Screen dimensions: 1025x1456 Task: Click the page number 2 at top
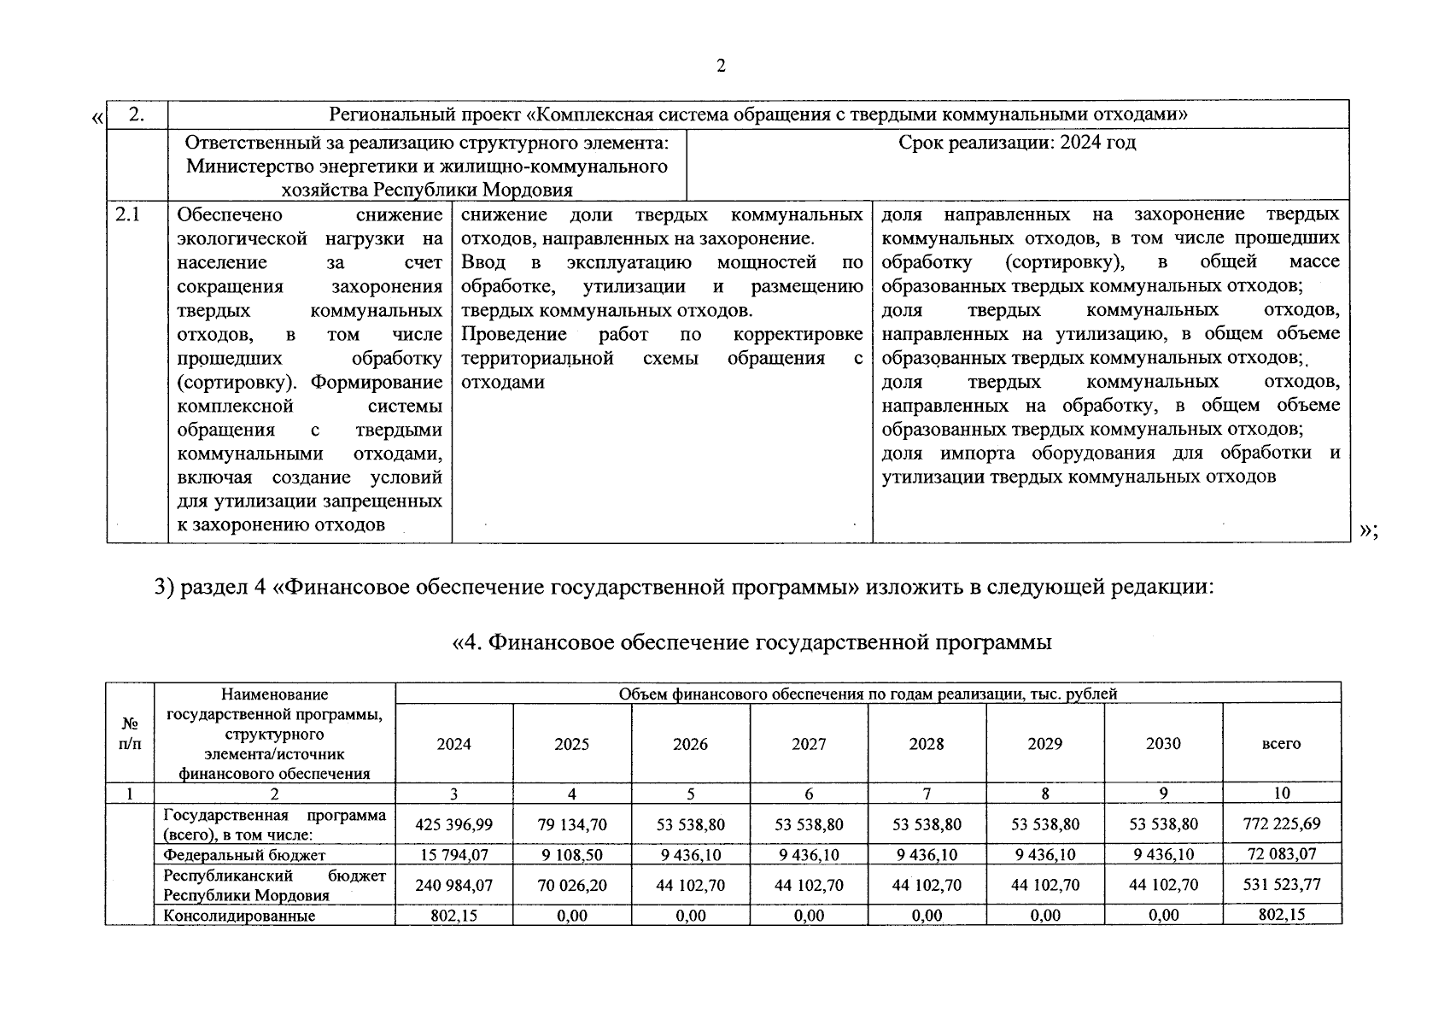click(721, 67)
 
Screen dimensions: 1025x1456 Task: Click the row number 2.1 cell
click(128, 215)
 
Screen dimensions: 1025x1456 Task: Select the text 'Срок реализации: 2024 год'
click(1016, 143)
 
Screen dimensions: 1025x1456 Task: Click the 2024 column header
click(453, 744)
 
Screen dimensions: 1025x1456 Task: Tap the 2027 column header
click(809, 744)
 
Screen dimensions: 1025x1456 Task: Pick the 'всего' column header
click(1281, 744)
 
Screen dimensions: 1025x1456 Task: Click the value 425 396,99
click(453, 824)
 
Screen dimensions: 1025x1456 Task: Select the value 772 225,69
click(1281, 824)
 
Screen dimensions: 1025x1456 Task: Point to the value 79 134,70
click(571, 824)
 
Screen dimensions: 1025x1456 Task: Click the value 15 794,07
click(453, 854)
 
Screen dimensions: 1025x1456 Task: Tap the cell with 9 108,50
click(571, 854)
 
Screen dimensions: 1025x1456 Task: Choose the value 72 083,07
click(1281, 854)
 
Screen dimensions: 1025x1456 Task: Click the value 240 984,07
click(453, 885)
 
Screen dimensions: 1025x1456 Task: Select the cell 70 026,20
click(571, 885)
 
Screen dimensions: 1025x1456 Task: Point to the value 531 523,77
click(1281, 885)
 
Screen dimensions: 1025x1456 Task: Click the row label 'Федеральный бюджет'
click(244, 854)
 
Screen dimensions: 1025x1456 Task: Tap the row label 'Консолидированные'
click(239, 916)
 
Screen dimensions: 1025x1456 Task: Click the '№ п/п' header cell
click(130, 733)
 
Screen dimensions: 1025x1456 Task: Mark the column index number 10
click(1281, 794)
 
